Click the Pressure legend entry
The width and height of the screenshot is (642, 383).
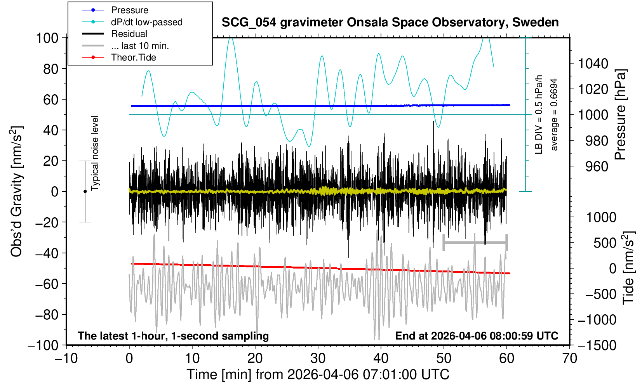pyautogui.click(x=129, y=10)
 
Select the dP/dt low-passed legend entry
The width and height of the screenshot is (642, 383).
pyautogui.click(x=146, y=22)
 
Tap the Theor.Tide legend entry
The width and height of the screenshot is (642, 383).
pyautogui.click(x=133, y=57)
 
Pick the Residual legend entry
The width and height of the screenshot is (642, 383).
pyautogui.click(x=129, y=34)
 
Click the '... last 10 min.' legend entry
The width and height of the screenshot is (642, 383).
pyautogui.click(x=139, y=46)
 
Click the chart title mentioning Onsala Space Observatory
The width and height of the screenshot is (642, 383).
pyautogui.click(x=390, y=23)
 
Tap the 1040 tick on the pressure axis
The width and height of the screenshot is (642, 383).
pyautogui.click(x=593, y=63)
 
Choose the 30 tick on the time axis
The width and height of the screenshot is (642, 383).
pyautogui.click(x=318, y=358)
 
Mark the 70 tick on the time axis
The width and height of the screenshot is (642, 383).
pyautogui.click(x=569, y=358)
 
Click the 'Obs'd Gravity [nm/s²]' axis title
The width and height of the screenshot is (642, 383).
pyautogui.click(x=16, y=191)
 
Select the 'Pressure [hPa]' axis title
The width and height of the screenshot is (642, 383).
pyautogui.click(x=620, y=115)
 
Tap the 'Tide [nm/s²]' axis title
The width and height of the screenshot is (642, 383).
pyautogui.click(x=628, y=268)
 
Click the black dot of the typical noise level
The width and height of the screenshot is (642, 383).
pyautogui.click(x=85, y=191)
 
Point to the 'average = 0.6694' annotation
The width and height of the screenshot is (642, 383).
pyautogui.click(x=554, y=114)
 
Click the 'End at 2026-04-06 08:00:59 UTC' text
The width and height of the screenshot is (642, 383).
pyautogui.click(x=477, y=336)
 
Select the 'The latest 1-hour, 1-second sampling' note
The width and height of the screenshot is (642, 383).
pyautogui.click(x=173, y=336)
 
